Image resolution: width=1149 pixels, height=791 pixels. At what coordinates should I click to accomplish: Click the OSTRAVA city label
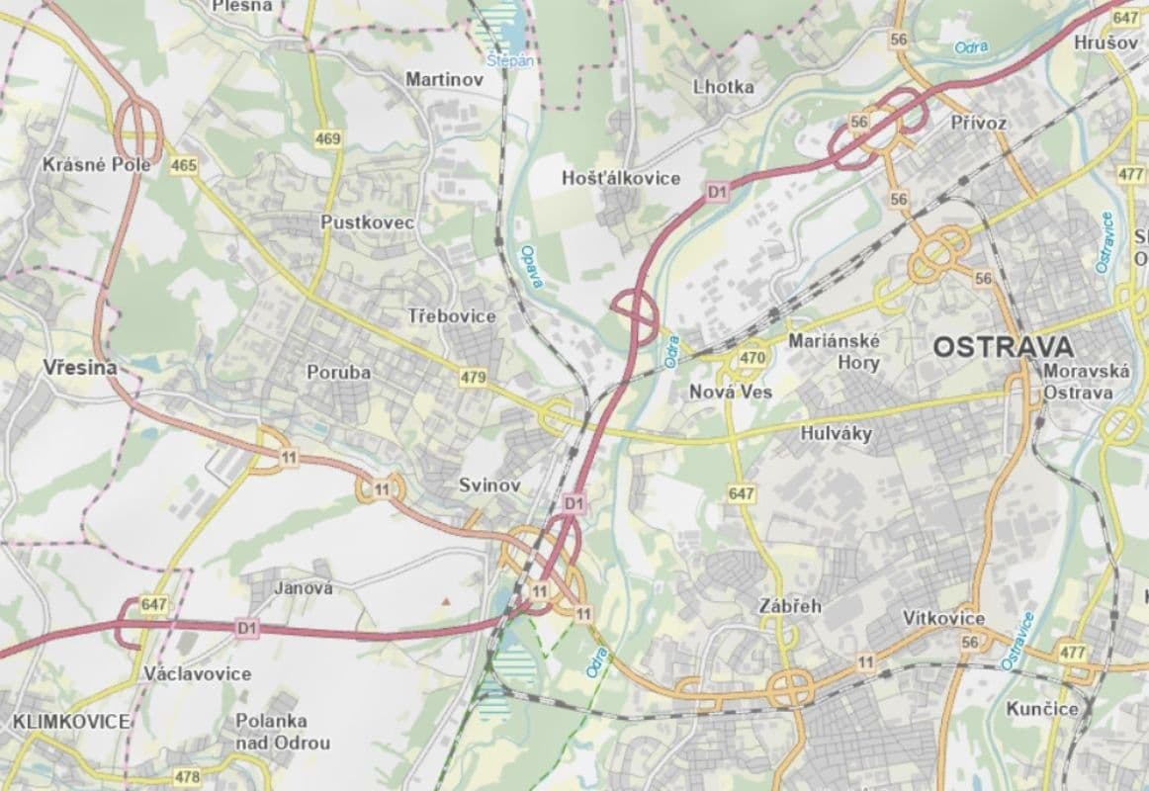[1003, 347]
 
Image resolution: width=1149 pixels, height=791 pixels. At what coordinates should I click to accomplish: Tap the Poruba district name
[338, 373]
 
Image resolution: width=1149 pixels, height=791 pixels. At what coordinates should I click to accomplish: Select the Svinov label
[489, 485]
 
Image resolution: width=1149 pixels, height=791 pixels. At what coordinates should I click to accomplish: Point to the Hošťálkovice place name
[621, 178]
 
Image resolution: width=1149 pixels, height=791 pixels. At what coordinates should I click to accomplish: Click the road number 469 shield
[328, 138]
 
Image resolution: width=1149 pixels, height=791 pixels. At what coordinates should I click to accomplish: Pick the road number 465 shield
[183, 166]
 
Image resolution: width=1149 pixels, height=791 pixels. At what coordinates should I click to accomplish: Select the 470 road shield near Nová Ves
[752, 358]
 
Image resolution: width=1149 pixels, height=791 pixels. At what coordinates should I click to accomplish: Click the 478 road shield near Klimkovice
[186, 776]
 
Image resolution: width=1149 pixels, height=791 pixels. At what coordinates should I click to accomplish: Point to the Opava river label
[532, 267]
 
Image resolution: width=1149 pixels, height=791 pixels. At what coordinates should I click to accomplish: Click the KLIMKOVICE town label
[71, 722]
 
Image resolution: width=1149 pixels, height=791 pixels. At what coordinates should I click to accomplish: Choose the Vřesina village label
[79, 368]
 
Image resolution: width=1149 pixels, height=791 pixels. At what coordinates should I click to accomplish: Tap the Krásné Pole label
[96, 164]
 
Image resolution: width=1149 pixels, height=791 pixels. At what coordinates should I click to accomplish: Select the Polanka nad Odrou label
[270, 732]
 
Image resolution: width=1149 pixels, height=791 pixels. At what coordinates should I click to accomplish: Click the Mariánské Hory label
[836, 351]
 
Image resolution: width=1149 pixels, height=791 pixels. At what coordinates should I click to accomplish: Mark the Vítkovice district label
[943, 618]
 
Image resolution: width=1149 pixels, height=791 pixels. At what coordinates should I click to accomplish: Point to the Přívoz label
[977, 124]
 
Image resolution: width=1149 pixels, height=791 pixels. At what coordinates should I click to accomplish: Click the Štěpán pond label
[510, 59]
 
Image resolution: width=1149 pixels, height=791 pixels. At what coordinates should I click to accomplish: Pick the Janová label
[303, 588]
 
